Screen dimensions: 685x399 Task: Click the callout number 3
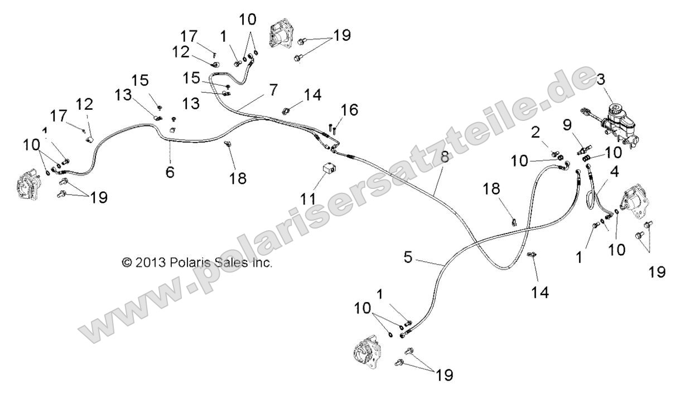click(x=601, y=80)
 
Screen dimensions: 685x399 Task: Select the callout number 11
click(x=308, y=199)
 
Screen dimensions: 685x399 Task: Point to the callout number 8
click(x=445, y=157)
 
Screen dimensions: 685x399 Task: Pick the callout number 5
click(x=408, y=257)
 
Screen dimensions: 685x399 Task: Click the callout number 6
click(x=170, y=172)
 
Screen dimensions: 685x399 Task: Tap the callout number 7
click(x=273, y=90)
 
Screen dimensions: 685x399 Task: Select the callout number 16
click(x=349, y=110)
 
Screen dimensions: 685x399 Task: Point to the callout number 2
click(x=535, y=133)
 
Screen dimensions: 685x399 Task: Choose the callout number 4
click(x=614, y=172)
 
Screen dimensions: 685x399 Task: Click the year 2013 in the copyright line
click(x=150, y=262)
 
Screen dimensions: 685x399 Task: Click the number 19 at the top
click(x=342, y=36)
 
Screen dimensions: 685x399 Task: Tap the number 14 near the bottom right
click(x=540, y=293)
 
